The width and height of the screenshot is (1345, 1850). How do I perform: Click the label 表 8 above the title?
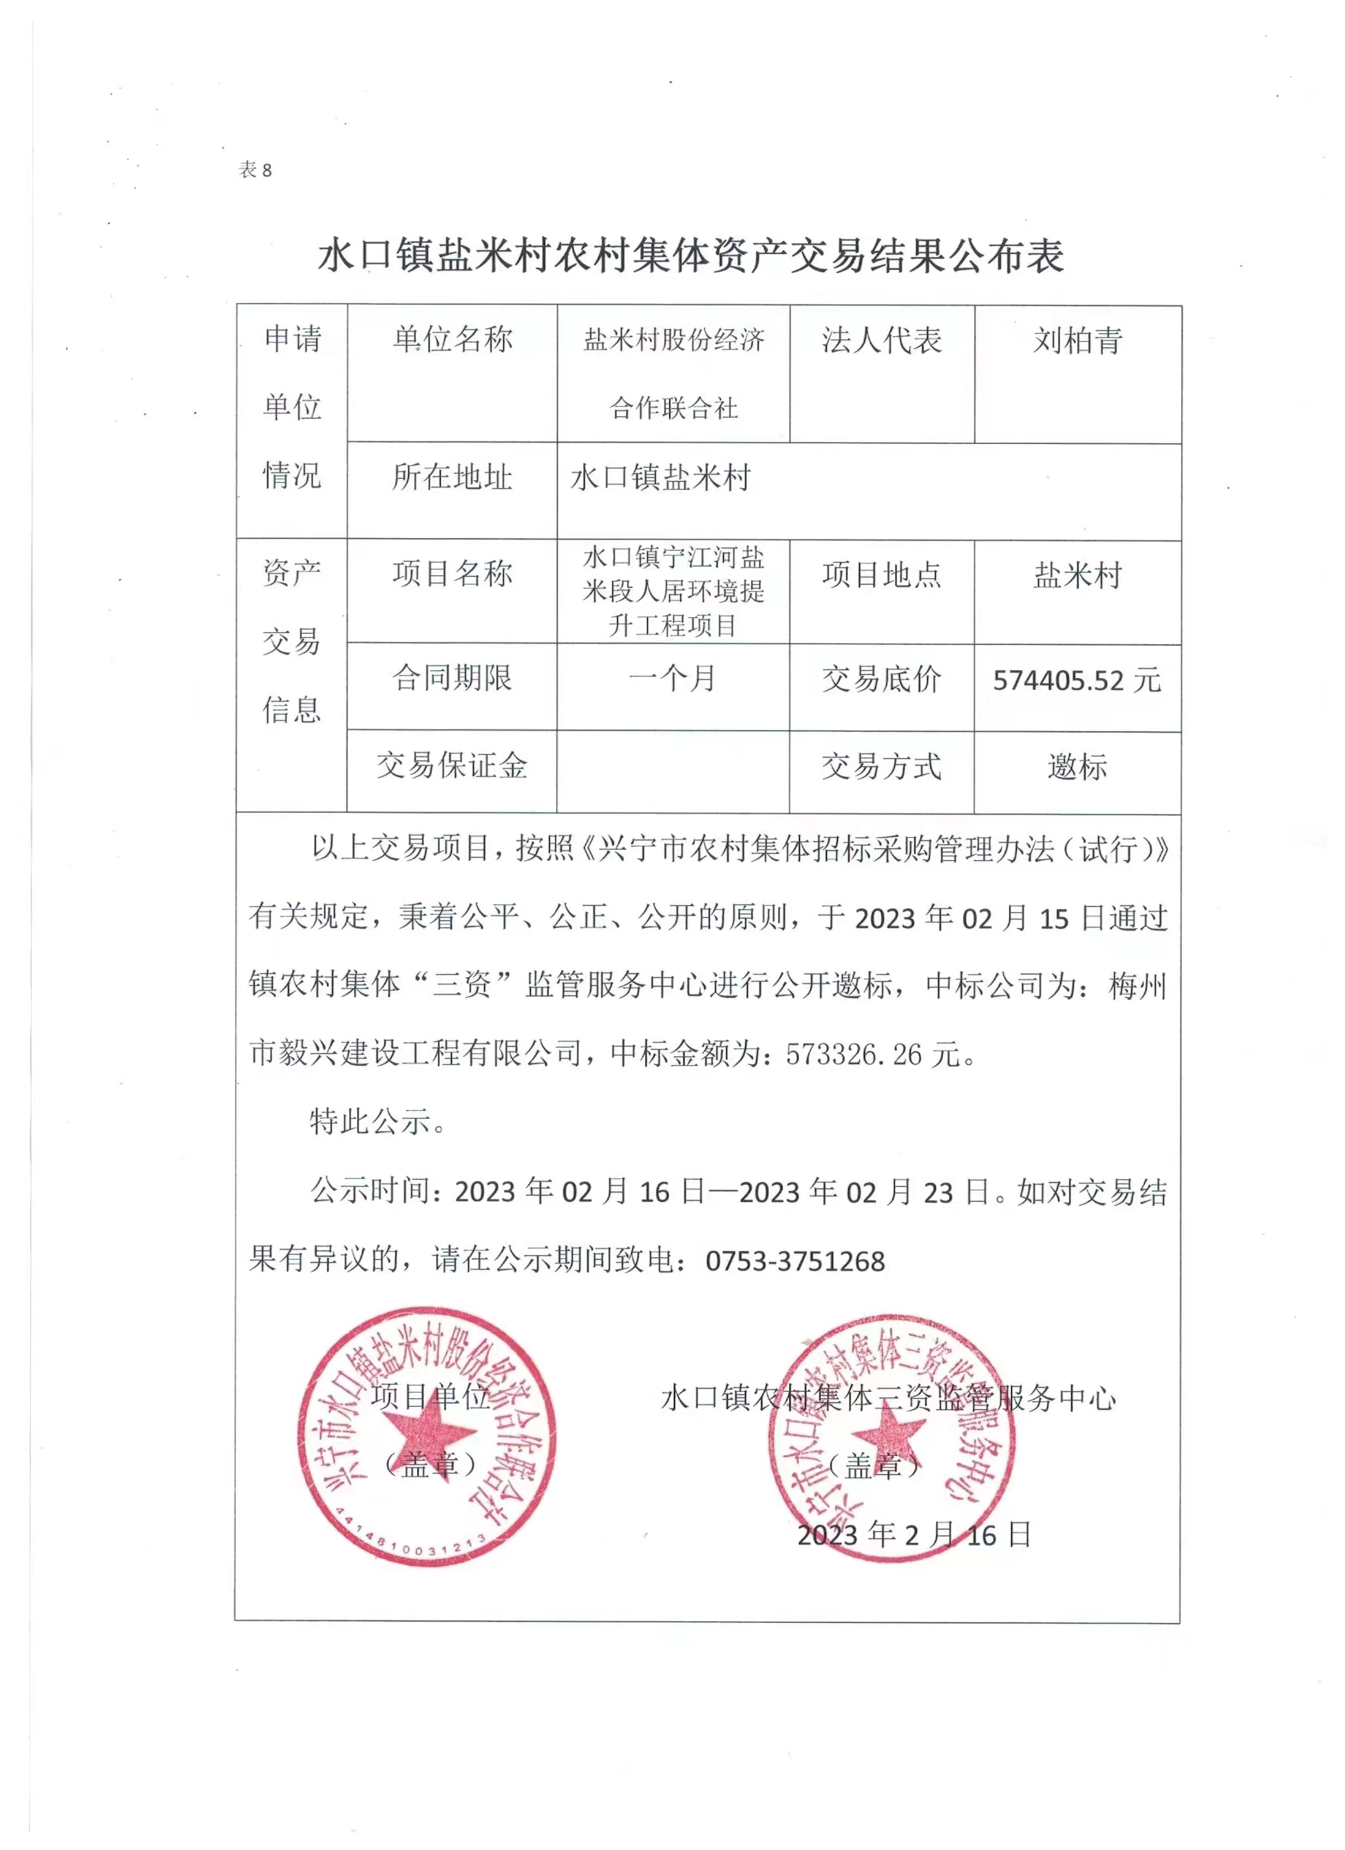pos(255,169)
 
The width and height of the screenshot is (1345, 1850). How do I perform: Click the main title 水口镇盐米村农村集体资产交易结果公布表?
pos(690,256)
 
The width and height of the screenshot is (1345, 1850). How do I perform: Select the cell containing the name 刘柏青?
pos(1078,340)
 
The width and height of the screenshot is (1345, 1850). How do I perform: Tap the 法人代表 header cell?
pos(881,340)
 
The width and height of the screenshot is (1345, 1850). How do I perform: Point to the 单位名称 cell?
pos(452,339)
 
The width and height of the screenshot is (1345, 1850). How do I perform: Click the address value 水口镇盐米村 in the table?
pos(660,477)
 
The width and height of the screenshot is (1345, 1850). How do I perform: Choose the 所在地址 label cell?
pos(452,477)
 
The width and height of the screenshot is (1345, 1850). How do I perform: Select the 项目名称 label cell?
pos(452,574)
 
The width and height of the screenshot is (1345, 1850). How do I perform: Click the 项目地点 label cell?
pos(881,575)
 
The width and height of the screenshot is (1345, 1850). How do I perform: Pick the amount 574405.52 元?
pos(1077,680)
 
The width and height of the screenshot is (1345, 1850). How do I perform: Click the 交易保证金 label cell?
pos(452,765)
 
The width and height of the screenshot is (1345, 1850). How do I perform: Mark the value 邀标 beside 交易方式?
pos(1077,767)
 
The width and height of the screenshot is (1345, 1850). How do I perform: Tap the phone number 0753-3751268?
pos(795,1261)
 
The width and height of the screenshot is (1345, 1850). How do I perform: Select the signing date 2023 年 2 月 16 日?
pos(914,1535)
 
